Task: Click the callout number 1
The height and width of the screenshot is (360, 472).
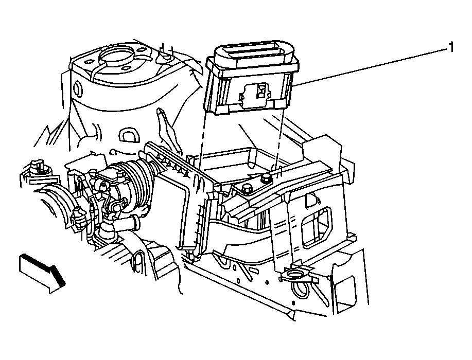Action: (451, 47)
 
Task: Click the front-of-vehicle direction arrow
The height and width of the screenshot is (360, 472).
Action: (42, 273)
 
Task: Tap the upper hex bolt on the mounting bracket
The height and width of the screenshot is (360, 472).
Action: (267, 178)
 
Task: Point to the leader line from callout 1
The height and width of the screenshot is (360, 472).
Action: (370, 67)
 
